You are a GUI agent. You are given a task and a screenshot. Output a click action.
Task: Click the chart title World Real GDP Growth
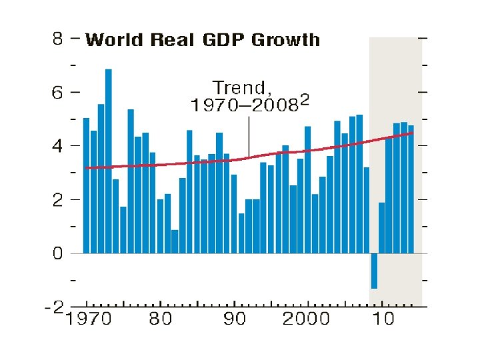point(203,40)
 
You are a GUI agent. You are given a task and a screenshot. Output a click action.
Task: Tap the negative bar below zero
point(375,271)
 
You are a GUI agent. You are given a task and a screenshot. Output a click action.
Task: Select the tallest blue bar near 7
point(108,161)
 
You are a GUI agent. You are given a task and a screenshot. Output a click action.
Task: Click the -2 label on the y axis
point(54,307)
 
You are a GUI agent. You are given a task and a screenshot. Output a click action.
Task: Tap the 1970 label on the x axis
point(89,319)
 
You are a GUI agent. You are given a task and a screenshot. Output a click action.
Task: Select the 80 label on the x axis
point(160,319)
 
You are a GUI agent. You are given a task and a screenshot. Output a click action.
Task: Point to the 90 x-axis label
point(234,319)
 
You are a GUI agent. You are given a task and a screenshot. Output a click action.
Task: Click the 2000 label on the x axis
point(306,319)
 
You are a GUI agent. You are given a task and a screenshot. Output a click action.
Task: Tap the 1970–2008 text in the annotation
point(245,105)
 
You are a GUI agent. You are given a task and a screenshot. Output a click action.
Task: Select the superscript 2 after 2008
point(305,99)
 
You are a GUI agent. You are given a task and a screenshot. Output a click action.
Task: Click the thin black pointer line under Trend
point(249,137)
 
